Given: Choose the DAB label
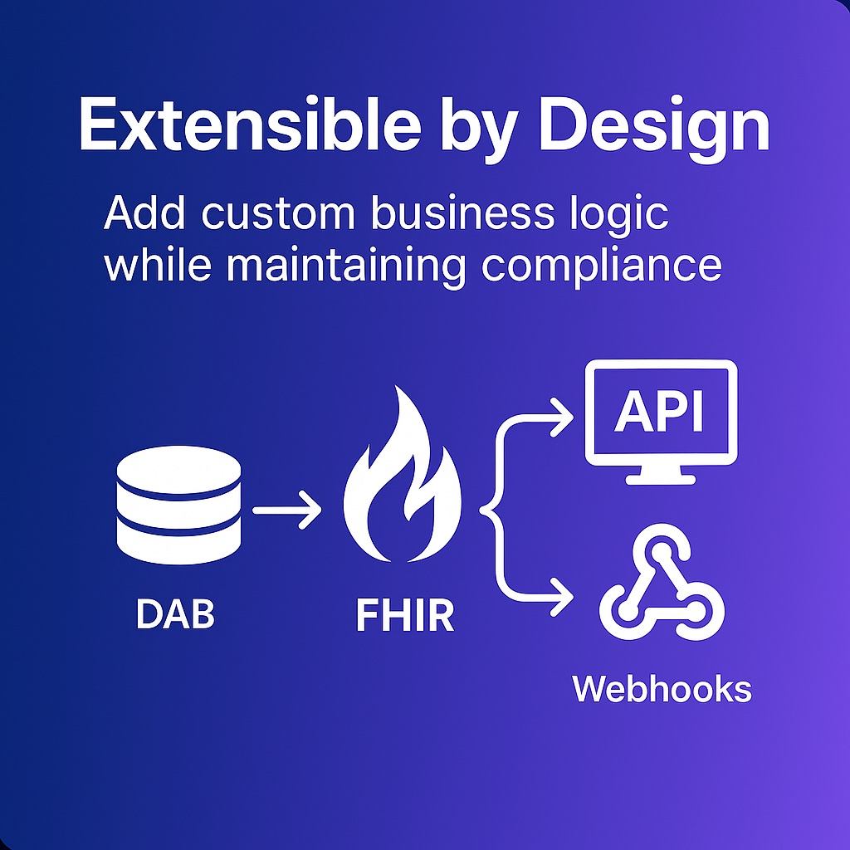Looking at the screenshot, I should [175, 615].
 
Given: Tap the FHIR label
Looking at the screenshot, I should [405, 617].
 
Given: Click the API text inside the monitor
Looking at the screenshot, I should [659, 413].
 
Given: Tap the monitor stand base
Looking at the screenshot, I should [661, 479].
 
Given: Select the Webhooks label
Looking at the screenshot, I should [662, 689].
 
